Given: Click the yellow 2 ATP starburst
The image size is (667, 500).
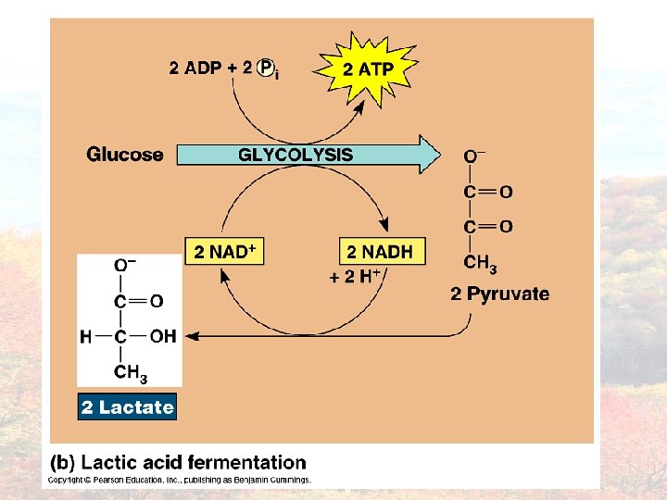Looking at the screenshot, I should (x=368, y=69).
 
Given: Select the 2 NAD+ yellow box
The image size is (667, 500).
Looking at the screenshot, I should (x=225, y=251).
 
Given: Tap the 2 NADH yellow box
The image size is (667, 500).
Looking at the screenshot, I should (x=379, y=251).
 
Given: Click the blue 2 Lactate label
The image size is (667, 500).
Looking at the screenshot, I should (x=127, y=407).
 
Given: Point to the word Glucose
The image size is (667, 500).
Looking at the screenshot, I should (x=125, y=155).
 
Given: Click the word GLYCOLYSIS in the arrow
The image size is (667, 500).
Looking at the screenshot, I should (x=296, y=155).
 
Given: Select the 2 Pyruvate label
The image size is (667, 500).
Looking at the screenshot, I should (x=499, y=294).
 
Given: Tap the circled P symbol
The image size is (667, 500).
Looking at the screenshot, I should (x=266, y=67).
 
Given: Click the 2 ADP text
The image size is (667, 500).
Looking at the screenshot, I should (x=196, y=68).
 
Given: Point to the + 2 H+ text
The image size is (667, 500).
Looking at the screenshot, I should (x=357, y=277).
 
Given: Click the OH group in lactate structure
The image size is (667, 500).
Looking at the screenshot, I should (x=162, y=336).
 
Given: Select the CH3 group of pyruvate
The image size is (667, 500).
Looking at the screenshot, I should (x=479, y=264).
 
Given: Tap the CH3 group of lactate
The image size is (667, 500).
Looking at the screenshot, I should (x=130, y=372).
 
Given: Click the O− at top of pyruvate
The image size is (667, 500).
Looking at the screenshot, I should (x=474, y=156).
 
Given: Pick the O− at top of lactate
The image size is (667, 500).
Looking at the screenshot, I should (x=125, y=267).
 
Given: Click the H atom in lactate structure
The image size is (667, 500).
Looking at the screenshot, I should (x=85, y=337).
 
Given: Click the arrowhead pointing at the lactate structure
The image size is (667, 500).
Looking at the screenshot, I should (x=191, y=336).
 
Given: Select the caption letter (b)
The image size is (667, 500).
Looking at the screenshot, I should (x=62, y=462).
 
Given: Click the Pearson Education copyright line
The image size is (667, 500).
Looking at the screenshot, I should (x=180, y=480).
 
